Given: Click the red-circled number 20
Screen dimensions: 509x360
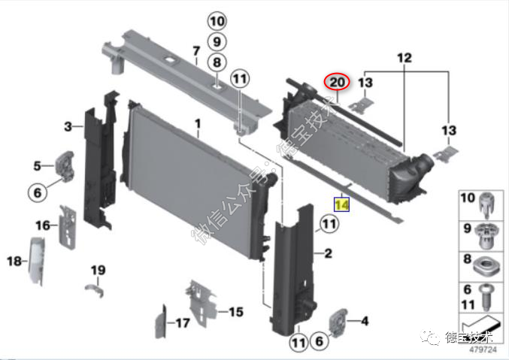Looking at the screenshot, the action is coord(337,81).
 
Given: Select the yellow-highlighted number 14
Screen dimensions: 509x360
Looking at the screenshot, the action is coord(342,204).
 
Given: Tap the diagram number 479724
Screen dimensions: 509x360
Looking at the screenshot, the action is coord(483,349).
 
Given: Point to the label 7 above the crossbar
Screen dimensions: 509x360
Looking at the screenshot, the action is coord(196,51).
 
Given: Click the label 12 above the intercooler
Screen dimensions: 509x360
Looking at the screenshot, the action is coord(404,58).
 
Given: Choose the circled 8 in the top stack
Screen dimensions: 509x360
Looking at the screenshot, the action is coord(217,62).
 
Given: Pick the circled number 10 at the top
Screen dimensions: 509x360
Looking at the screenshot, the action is coord(217,21).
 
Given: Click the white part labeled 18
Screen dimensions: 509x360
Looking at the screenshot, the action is coord(37,261).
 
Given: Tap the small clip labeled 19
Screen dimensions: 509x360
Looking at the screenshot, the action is coord(95,290).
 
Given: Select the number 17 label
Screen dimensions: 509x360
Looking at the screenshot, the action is coord(183,322).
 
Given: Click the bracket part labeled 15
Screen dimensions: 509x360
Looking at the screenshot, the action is coord(201,303).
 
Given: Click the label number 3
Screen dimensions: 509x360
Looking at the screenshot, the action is coord(68,126).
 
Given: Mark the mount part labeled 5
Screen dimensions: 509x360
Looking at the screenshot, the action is coord(65,166).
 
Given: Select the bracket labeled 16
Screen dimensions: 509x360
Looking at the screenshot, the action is coord(68,227).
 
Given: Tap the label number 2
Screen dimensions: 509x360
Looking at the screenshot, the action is coord(329,253).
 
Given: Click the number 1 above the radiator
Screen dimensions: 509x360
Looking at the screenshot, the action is coord(198,124).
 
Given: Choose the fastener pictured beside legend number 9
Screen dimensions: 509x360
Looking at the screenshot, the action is coord(485,236).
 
